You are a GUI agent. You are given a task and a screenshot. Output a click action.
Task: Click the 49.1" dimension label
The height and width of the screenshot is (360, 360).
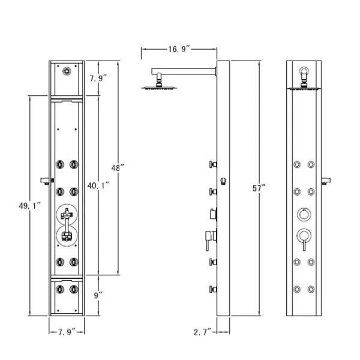pyautogui.click(x=30, y=205)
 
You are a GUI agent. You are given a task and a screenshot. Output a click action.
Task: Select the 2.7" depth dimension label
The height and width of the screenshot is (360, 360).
pyautogui.click(x=202, y=331)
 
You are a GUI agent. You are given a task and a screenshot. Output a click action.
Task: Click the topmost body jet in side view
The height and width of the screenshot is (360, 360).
pyautogui.click(x=212, y=164)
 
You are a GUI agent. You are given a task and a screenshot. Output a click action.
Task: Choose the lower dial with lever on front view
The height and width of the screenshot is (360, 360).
pyautogui.click(x=304, y=237)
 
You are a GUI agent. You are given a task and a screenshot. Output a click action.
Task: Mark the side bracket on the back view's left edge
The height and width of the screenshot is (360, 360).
pyautogui.click(x=43, y=179)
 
